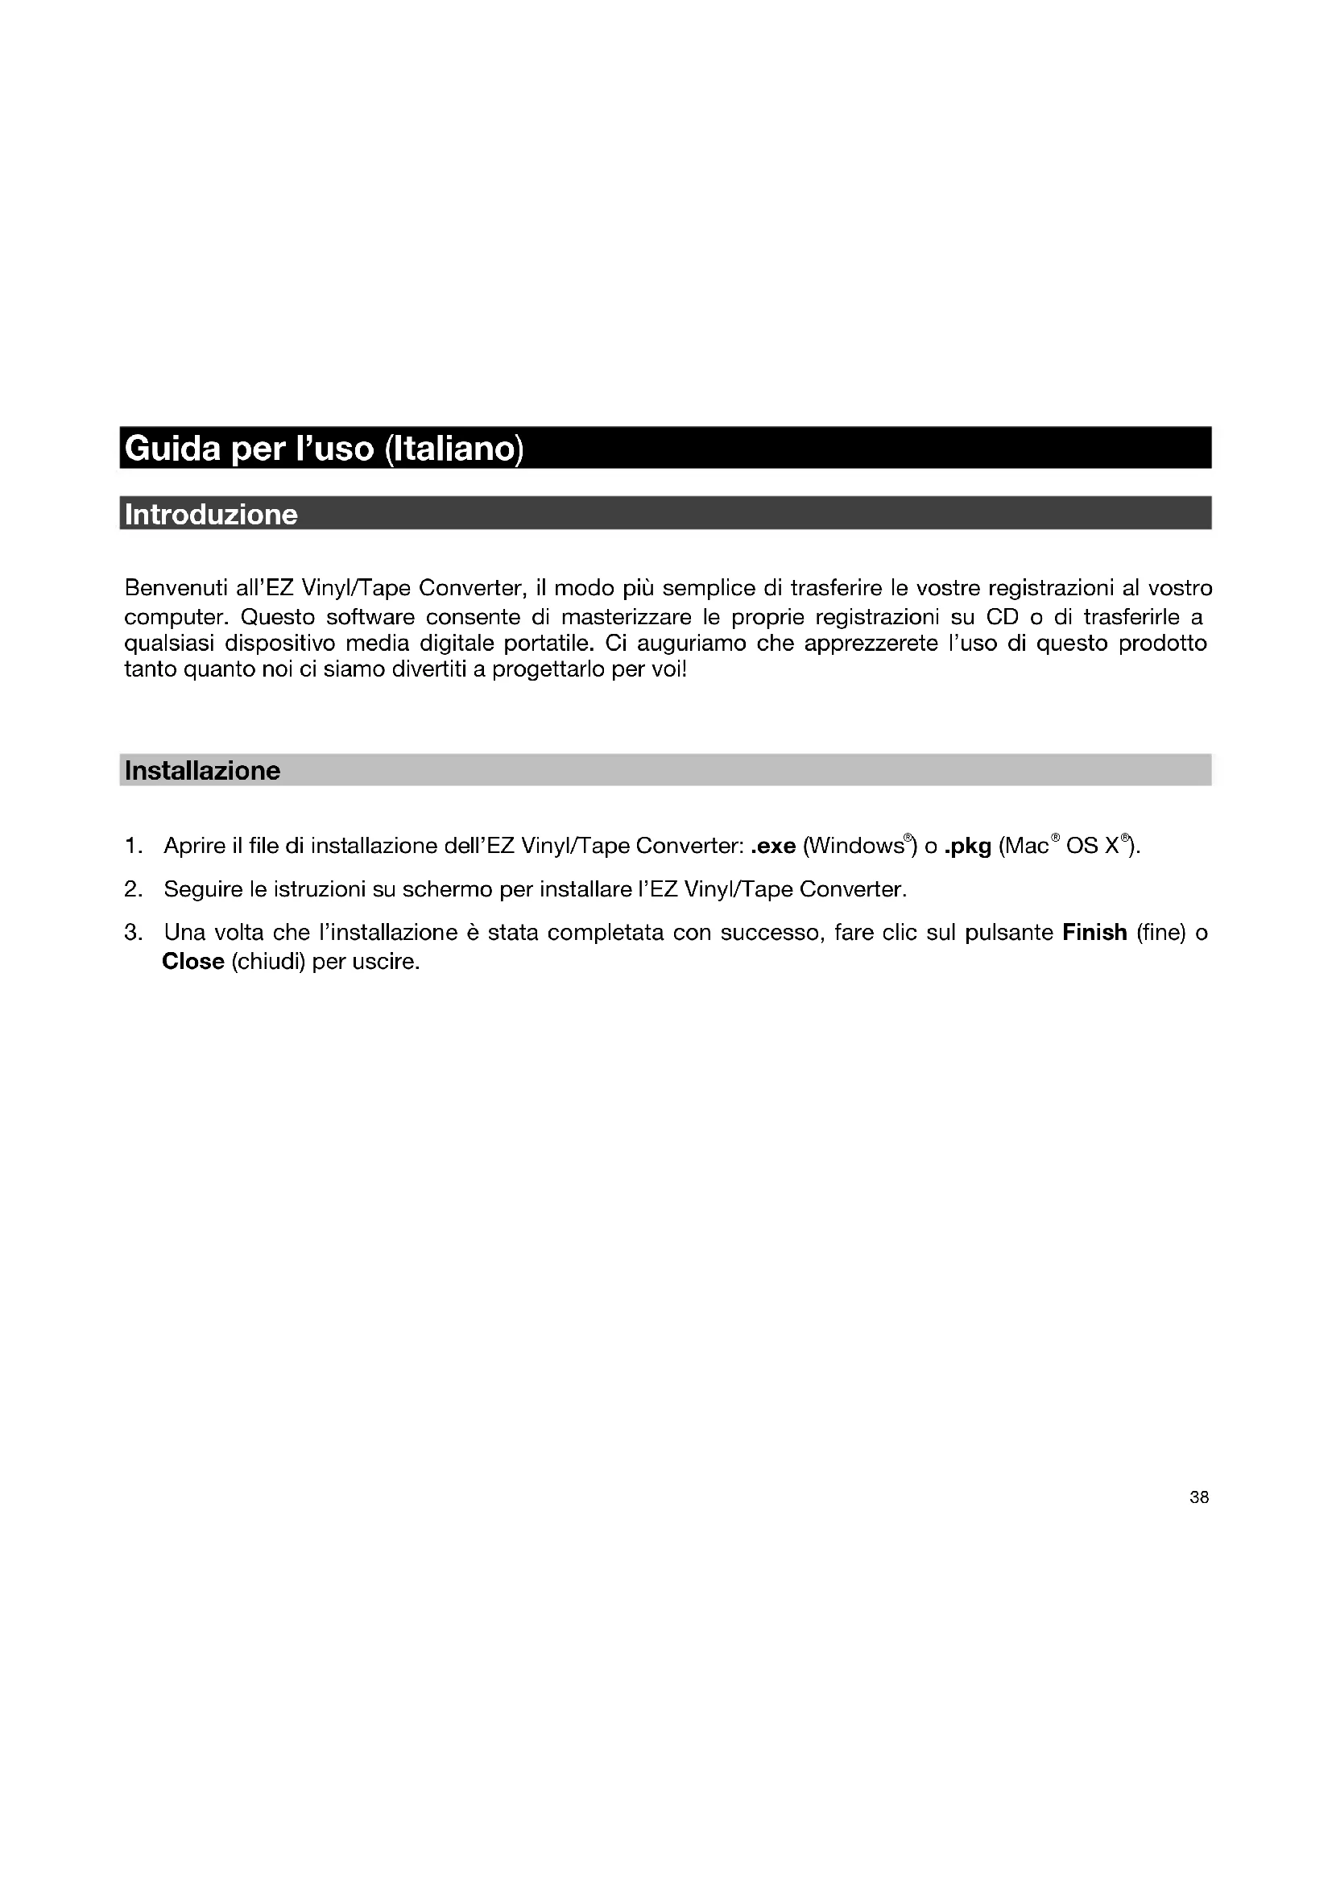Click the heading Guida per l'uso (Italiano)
pyautogui.click(x=324, y=449)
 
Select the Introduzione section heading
pyautogui.click(x=211, y=515)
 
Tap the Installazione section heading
pyautogui.click(x=203, y=771)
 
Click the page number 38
pyautogui.click(x=1198, y=1497)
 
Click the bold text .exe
pyautogui.click(x=772, y=846)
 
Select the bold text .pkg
pyautogui.click(x=968, y=846)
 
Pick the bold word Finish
pyautogui.click(x=1094, y=933)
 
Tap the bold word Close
pyautogui.click(x=193, y=962)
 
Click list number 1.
pyautogui.click(x=133, y=846)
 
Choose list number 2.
pyautogui.click(x=133, y=889)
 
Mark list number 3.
pyautogui.click(x=133, y=933)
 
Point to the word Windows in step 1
pyautogui.click(x=854, y=846)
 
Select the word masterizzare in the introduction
pyautogui.click(x=627, y=617)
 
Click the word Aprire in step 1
pyautogui.click(x=194, y=846)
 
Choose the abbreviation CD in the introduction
pyautogui.click(x=1002, y=617)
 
